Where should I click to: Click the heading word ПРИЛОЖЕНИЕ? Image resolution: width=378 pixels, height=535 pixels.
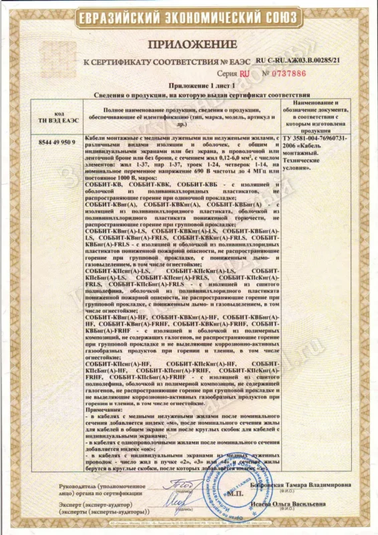pos(188,45)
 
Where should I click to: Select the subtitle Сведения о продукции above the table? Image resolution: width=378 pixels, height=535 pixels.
pos(188,96)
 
